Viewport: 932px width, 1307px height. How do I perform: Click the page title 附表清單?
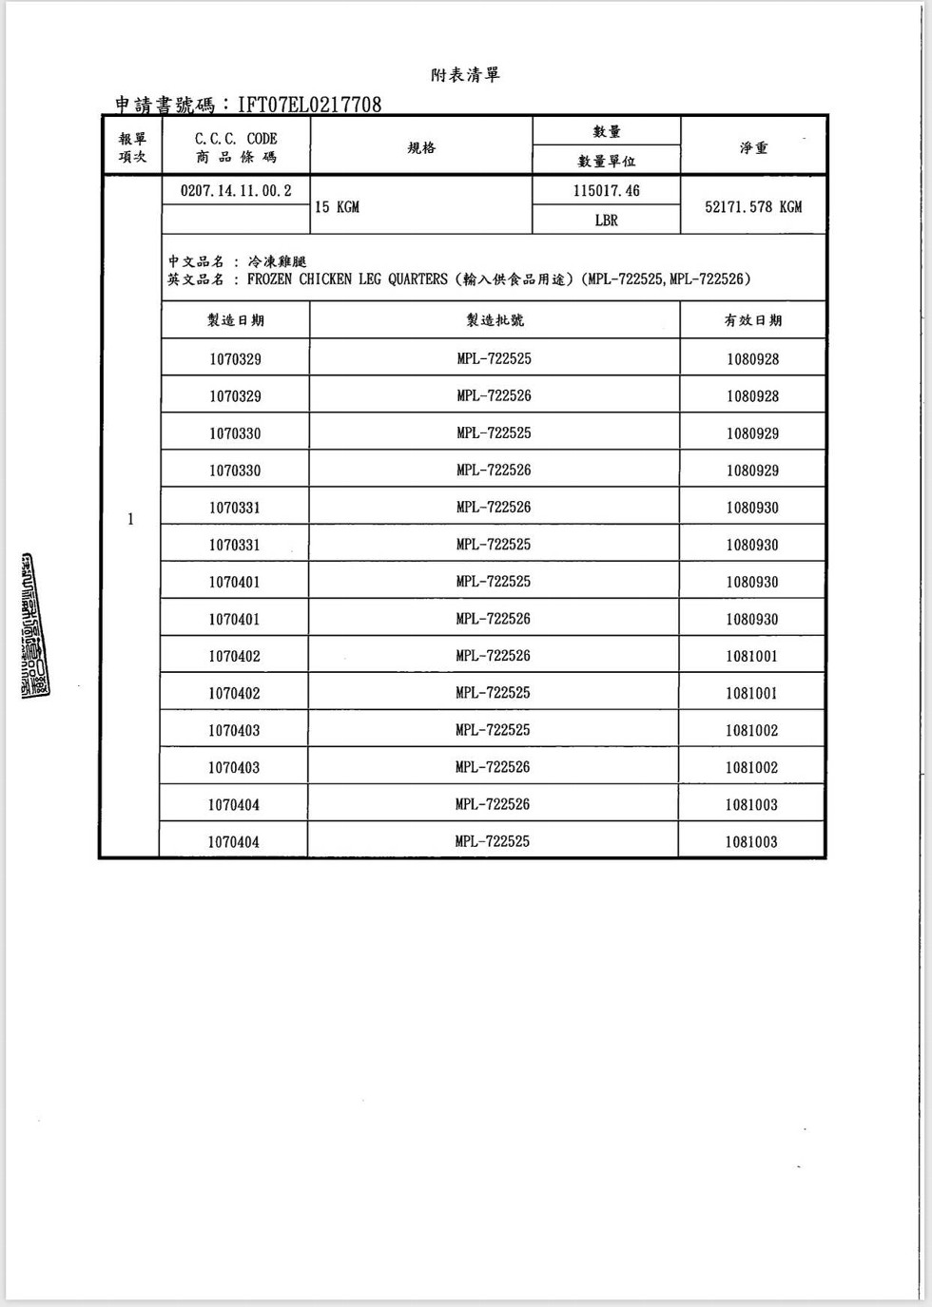coord(465,75)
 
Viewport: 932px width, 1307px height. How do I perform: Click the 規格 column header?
coord(421,147)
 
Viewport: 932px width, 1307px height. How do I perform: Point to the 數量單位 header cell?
coord(607,162)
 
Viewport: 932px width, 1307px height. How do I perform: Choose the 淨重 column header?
coord(753,147)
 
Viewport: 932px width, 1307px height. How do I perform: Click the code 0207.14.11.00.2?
coord(236,191)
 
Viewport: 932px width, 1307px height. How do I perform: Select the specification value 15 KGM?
coord(338,207)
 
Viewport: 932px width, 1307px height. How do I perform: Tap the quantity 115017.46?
coord(607,191)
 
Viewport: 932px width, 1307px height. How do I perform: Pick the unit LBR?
coord(607,221)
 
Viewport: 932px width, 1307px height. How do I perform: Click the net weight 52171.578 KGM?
coord(753,207)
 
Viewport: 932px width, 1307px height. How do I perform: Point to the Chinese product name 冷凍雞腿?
coord(277,261)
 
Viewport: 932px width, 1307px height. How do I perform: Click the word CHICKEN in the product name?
coord(326,279)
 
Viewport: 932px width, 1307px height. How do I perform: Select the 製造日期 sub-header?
coord(236,320)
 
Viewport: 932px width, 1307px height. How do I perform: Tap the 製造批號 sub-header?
coord(495,320)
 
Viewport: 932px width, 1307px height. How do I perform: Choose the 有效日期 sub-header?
coord(753,320)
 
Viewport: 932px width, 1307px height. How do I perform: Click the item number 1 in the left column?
coord(130,519)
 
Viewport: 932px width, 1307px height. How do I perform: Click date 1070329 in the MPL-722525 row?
coord(236,359)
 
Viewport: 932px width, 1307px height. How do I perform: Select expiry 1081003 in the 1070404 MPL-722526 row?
coord(751,805)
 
